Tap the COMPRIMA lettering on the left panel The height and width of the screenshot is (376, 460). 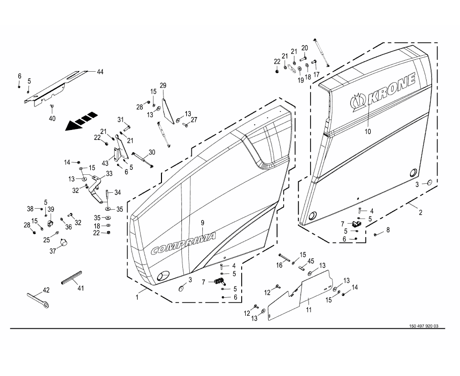click(183, 243)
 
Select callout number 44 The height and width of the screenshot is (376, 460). click(100, 72)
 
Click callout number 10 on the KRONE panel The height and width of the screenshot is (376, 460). click(368, 132)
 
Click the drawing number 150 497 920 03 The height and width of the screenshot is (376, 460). click(423, 326)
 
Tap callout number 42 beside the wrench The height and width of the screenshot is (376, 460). click(46, 290)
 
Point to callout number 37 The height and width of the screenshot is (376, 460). click(53, 251)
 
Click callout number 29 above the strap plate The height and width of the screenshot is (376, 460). click(162, 85)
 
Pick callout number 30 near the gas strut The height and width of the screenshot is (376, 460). click(152, 152)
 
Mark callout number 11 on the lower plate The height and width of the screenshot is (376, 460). click(308, 310)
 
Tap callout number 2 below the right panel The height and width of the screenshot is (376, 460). click(420, 213)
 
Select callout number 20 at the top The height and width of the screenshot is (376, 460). click(305, 47)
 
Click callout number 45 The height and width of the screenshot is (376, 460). click(310, 261)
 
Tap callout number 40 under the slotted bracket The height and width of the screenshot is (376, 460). click(52, 118)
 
